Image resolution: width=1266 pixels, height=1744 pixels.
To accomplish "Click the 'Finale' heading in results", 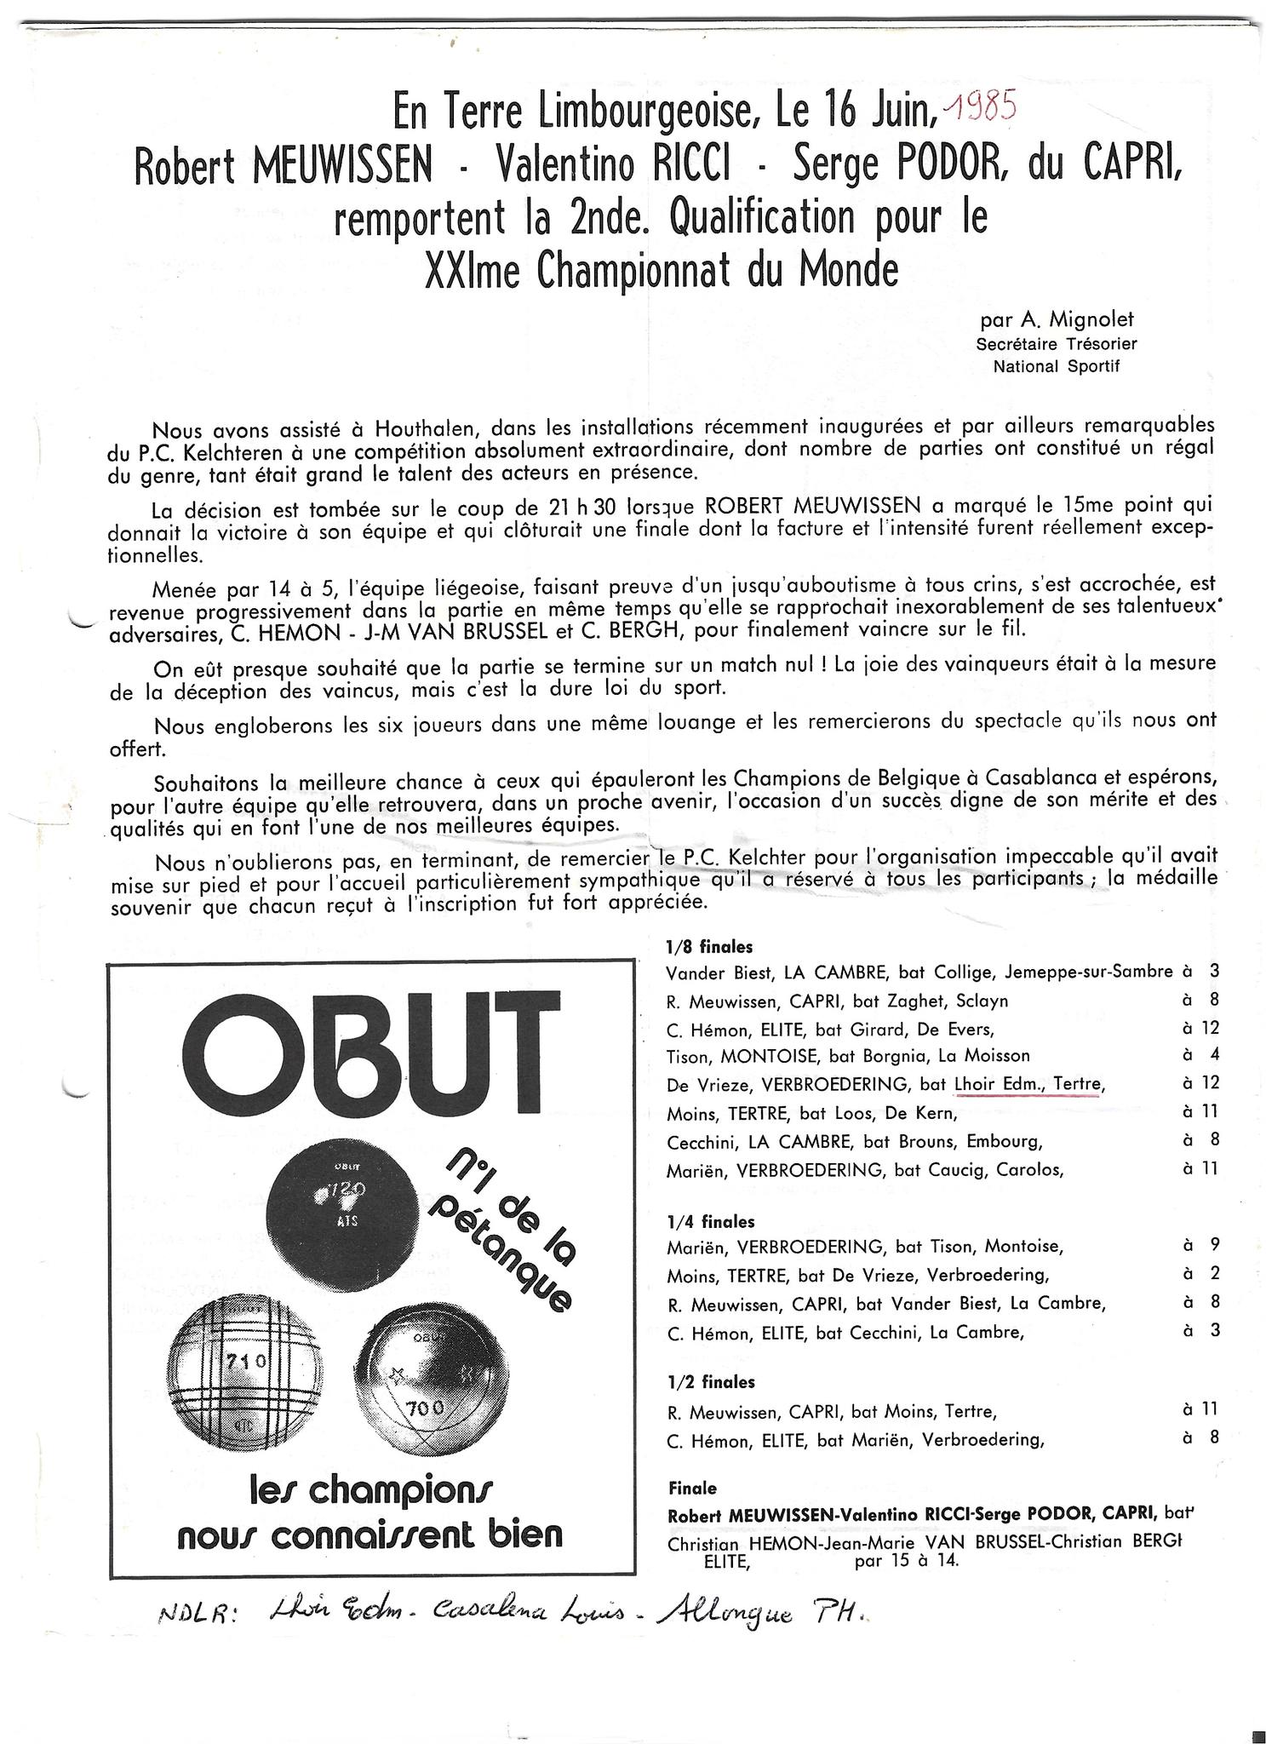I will (692, 1489).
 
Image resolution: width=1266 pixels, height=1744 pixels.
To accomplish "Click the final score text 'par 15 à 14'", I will (905, 1561).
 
